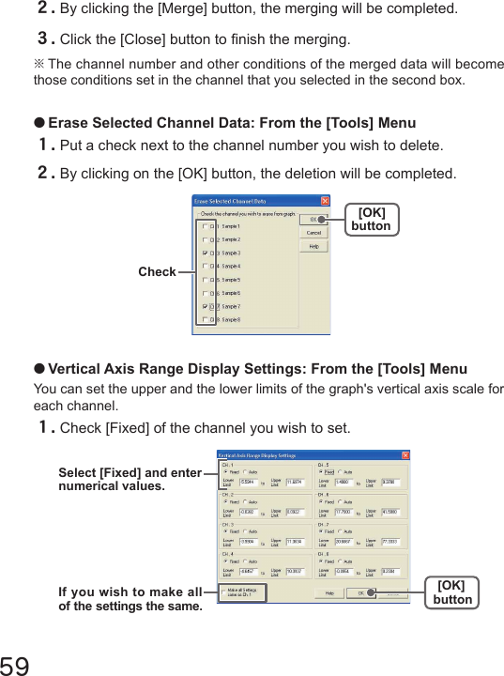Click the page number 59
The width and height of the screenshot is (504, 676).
point(17,663)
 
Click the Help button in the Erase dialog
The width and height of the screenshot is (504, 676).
point(314,246)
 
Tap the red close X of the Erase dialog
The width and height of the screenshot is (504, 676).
point(325,200)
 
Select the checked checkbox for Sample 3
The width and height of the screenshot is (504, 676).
point(206,253)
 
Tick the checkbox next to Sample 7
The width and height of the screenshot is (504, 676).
point(206,306)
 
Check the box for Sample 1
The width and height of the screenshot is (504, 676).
point(206,226)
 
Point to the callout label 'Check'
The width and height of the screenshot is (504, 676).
point(157,272)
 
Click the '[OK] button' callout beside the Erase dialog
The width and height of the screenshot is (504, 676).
point(371,220)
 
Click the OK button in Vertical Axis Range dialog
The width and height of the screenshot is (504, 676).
point(361,593)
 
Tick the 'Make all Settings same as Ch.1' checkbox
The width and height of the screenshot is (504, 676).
point(222,592)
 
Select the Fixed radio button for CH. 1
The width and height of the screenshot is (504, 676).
point(224,471)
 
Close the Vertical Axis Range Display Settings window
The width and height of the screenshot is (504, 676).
point(405,455)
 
